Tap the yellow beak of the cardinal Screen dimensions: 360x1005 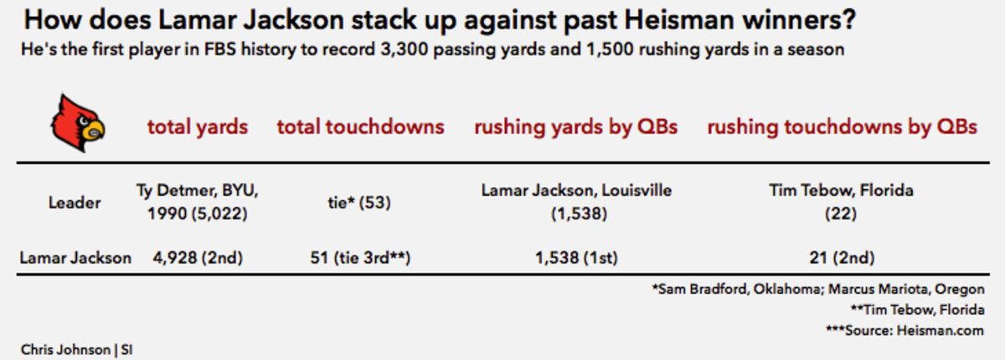pos(95,131)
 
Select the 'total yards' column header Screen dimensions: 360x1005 pos(198,127)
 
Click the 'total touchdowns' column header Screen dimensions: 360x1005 pos(360,127)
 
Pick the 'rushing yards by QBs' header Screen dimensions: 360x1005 pos(575,127)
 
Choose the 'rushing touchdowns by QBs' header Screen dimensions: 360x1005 pos(842,127)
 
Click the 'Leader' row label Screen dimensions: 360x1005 pos(75,203)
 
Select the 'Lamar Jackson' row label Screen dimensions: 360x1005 pos(75,258)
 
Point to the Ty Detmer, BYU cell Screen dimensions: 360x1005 pos(197,202)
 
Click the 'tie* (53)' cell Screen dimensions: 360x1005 pos(359,203)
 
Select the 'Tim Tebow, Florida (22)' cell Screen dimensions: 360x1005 pos(841,202)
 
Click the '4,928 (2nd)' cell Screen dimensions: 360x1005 pos(198,258)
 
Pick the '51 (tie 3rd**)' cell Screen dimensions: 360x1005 pos(359,258)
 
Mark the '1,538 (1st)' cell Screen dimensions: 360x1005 pos(575,258)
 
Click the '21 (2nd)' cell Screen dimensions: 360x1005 pos(841,258)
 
